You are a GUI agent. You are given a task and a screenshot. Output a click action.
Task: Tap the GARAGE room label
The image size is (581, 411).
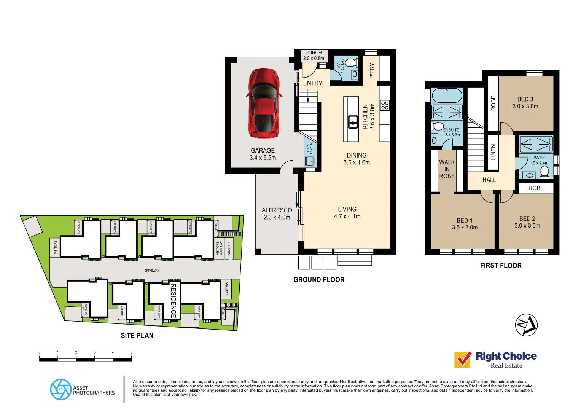pyautogui.click(x=263, y=151)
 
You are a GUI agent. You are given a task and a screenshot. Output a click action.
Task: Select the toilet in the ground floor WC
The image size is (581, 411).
pyautogui.click(x=351, y=62)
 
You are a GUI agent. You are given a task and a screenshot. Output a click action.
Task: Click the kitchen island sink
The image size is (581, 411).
pyautogui.click(x=353, y=122)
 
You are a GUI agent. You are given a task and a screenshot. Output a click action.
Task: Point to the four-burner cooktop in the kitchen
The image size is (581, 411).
pyautogui.click(x=385, y=105)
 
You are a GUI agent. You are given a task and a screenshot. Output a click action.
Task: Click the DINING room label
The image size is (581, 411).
pyautogui.click(x=357, y=155)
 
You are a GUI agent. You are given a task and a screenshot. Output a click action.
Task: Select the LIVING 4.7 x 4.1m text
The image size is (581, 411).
pyautogui.click(x=347, y=213)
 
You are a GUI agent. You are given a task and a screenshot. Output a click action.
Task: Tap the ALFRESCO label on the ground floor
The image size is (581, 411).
pyautogui.click(x=277, y=210)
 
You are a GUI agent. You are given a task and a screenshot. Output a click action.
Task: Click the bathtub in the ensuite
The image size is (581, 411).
pyautogui.click(x=447, y=95)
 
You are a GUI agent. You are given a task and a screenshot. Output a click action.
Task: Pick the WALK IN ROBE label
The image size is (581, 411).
pyautogui.click(x=447, y=169)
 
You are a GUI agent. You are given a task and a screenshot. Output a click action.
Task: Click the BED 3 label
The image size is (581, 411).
pyautogui.click(x=525, y=99)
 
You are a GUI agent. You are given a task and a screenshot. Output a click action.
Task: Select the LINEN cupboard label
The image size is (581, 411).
pyautogui.click(x=493, y=152)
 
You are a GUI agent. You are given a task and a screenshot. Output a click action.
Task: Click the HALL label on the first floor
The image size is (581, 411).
pyautogui.click(x=489, y=180)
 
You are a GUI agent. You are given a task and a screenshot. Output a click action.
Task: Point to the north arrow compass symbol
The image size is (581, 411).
pyautogui.click(x=526, y=325)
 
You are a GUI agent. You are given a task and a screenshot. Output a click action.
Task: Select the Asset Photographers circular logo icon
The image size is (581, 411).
pyautogui.click(x=60, y=389)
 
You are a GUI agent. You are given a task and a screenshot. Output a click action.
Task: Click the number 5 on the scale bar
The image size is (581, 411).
pyautogui.click(x=131, y=352)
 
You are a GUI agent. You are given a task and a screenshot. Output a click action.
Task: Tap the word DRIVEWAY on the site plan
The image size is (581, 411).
pyautogui.click(x=151, y=271)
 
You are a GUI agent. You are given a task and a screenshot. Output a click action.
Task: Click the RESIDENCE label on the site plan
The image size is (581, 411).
pyautogui.click(x=173, y=301)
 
